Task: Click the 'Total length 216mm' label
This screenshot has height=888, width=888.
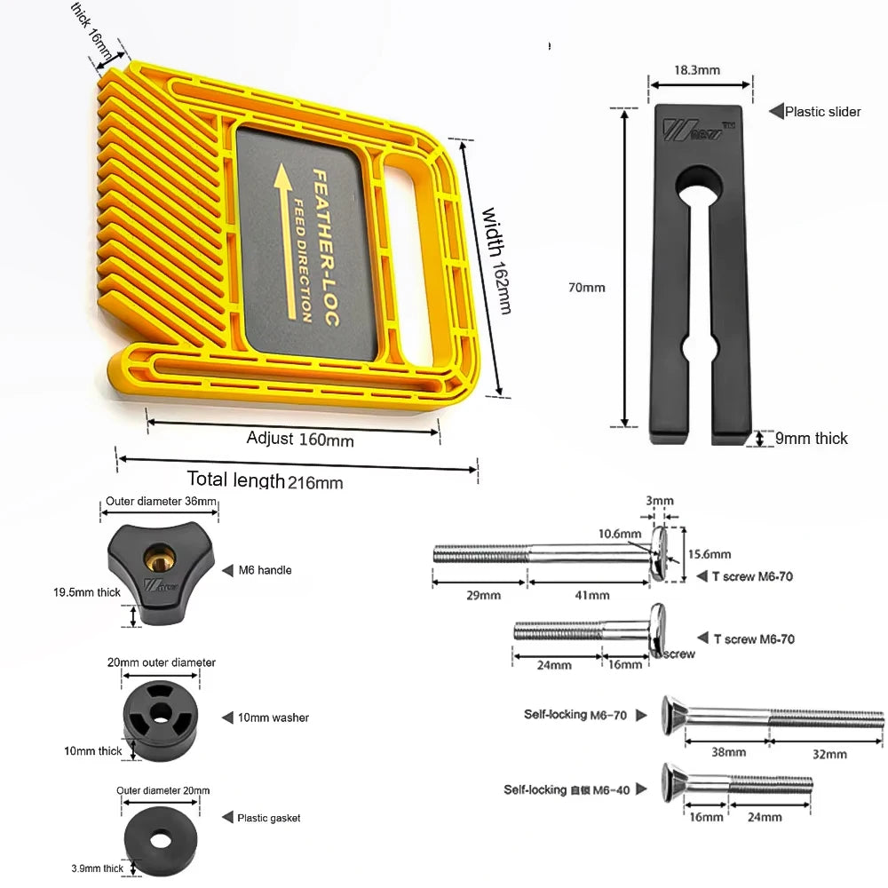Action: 265,481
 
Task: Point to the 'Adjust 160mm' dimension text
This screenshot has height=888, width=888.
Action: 299,439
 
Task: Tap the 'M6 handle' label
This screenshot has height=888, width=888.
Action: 266,570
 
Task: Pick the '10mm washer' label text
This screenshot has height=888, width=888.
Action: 278,718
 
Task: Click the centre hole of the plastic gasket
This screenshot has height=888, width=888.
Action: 161,837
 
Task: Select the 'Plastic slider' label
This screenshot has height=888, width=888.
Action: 822,112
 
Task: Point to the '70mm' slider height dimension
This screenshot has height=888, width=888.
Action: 586,288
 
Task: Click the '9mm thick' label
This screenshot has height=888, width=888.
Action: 811,439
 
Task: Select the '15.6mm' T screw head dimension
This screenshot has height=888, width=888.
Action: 709,555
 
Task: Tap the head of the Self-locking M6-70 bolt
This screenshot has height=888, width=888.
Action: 672,714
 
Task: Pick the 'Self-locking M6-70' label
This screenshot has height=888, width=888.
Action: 575,715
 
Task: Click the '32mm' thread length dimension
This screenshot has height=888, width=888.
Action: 829,754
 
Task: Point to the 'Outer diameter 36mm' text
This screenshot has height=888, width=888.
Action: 161,502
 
